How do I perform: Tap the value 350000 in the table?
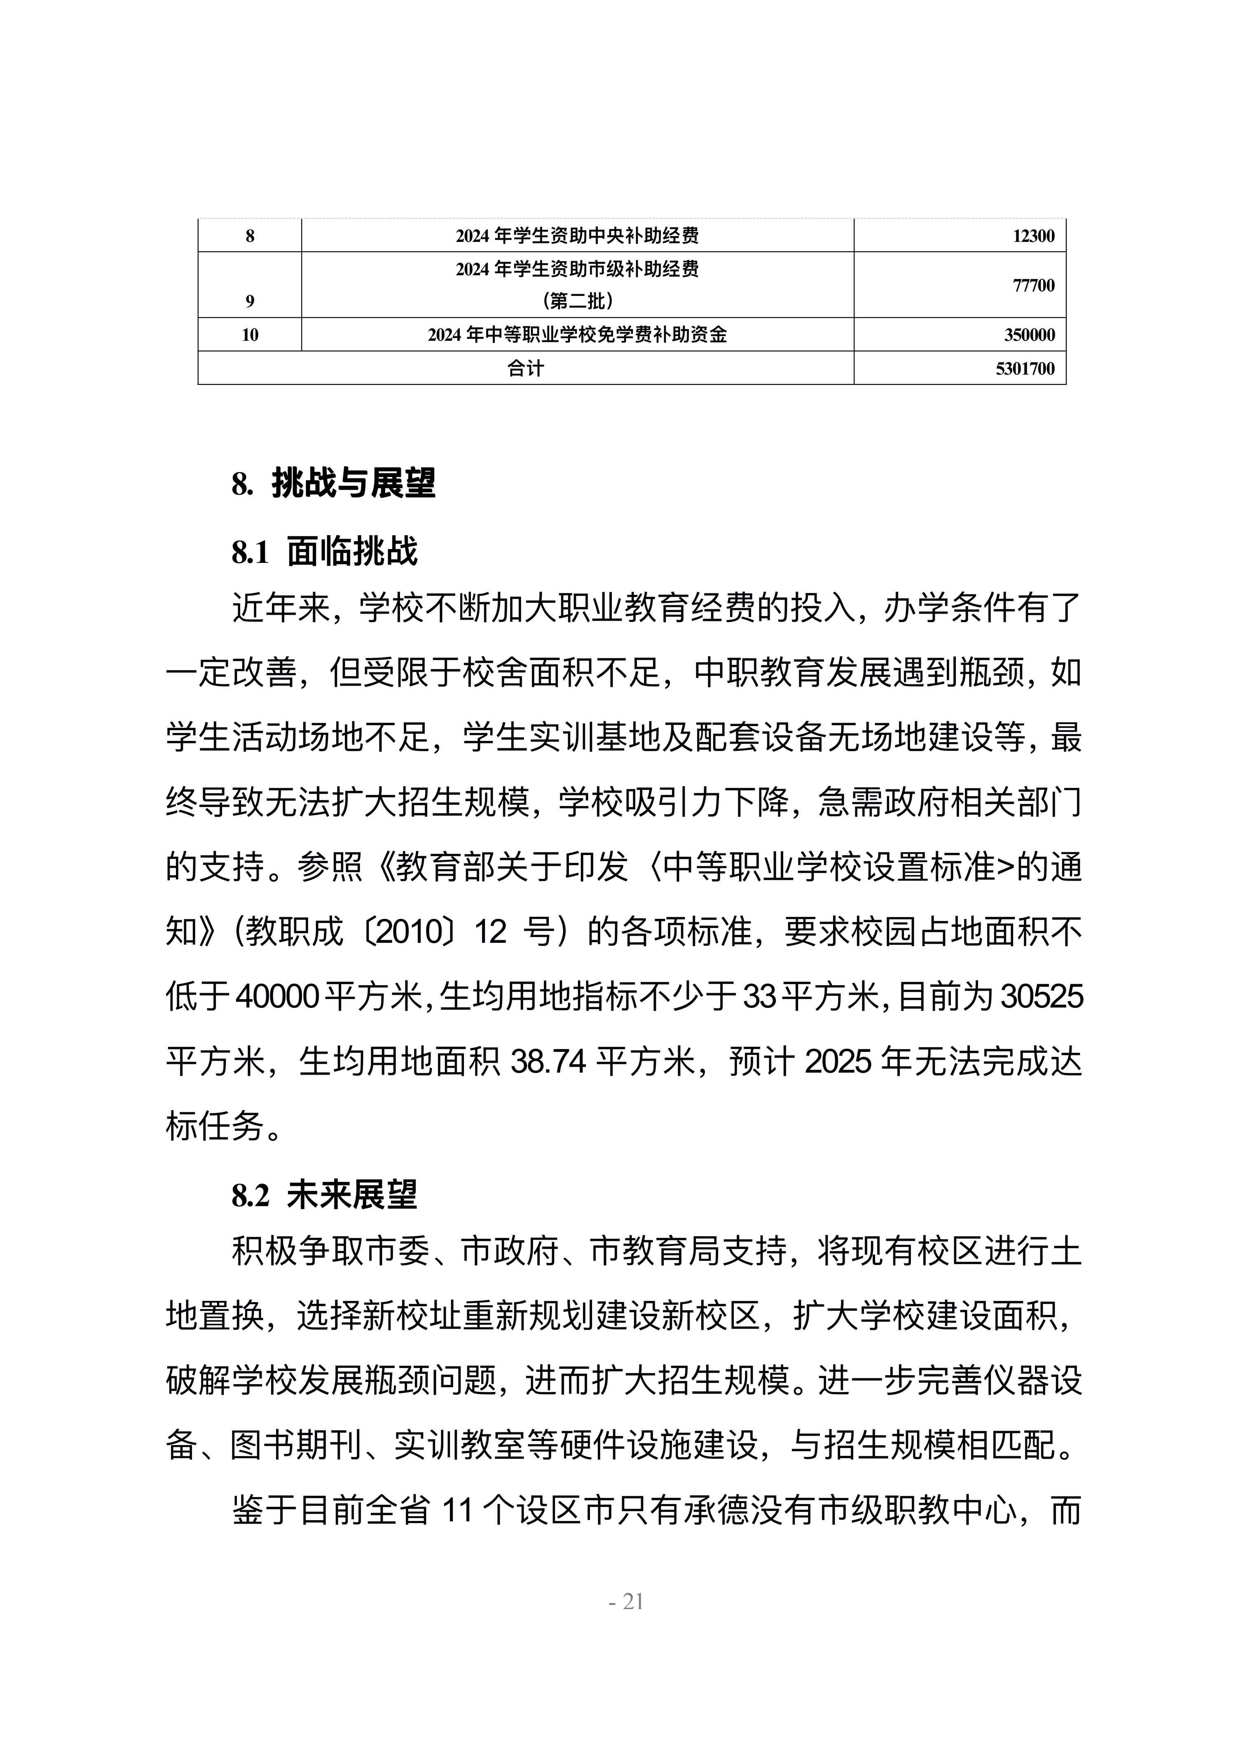click(1029, 335)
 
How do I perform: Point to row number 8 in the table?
click(250, 236)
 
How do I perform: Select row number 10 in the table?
click(250, 335)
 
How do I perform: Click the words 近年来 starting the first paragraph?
click(281, 608)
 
